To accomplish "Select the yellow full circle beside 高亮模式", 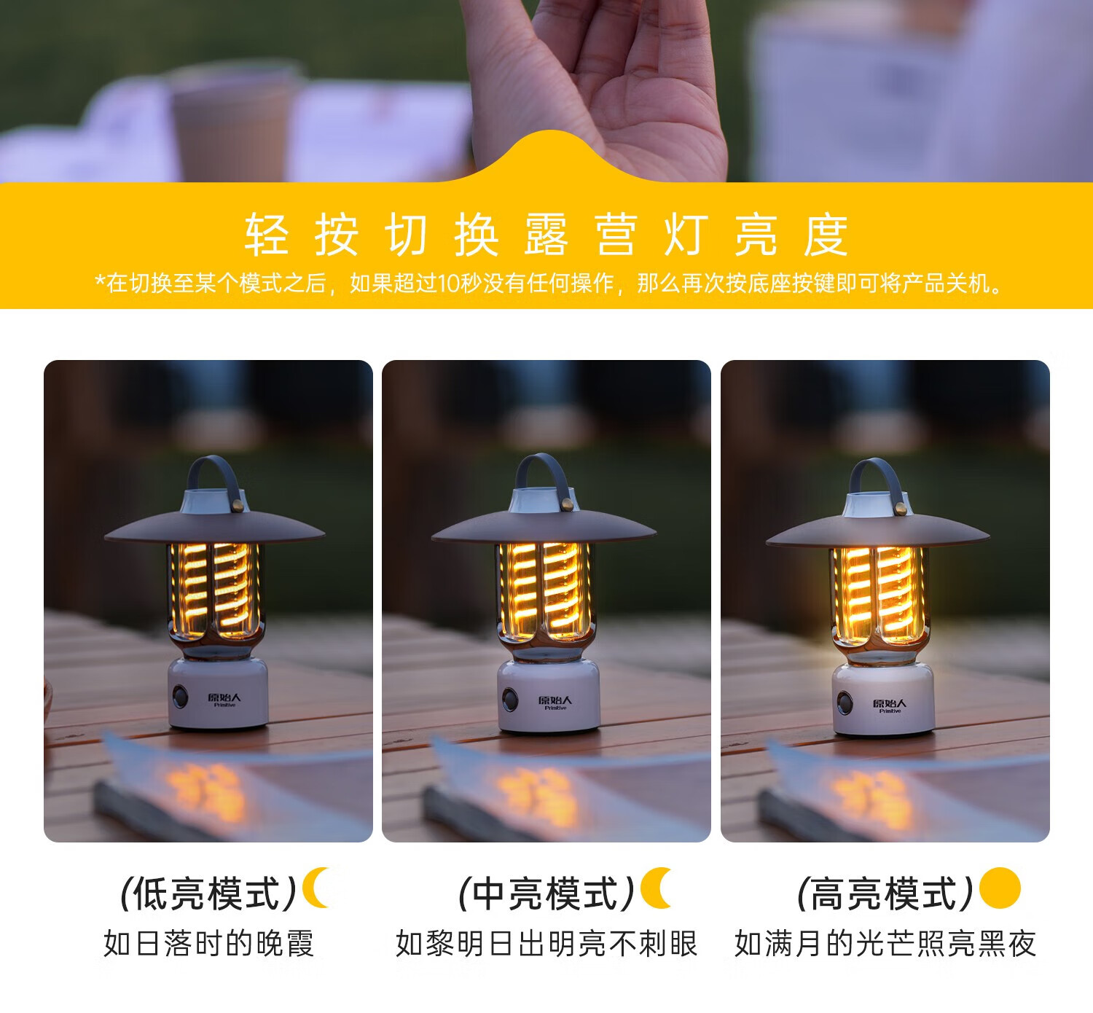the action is (1000, 888).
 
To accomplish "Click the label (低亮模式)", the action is (208, 893).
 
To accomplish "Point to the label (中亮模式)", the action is (546, 893).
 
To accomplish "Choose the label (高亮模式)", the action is (885, 893).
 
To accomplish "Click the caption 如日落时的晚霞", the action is (208, 944).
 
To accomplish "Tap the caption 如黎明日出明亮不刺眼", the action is (546, 944).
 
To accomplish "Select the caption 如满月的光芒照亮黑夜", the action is (885, 944).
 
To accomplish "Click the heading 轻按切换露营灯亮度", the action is (546, 235).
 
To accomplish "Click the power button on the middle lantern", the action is (510, 699).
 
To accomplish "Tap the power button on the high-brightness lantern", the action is (845, 703).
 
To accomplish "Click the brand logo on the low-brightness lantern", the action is (224, 700).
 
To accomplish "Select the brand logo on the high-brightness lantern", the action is (890, 705).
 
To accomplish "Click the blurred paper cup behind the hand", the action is (234, 124).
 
